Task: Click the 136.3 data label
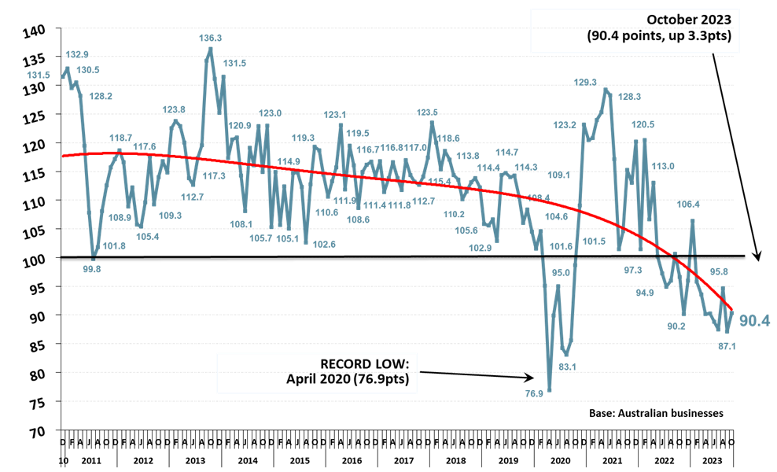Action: point(210,38)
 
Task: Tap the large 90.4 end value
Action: point(754,320)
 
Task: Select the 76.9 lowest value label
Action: point(534,393)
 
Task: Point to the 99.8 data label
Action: point(92,269)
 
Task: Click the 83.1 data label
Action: point(567,367)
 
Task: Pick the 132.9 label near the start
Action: point(77,54)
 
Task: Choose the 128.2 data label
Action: point(101,96)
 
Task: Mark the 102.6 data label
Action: point(324,245)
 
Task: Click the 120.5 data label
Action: point(643,124)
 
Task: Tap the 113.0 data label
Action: point(663,166)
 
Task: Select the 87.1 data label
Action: point(726,347)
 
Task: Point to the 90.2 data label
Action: point(676,326)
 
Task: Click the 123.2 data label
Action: point(565,125)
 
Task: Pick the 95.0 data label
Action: point(561,273)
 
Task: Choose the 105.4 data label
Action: point(148,237)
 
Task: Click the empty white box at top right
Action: point(635,31)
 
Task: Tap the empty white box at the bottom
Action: point(317,373)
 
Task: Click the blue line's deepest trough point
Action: point(550,390)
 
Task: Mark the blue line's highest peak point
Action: point(210,49)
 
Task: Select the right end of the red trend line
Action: point(732,310)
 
